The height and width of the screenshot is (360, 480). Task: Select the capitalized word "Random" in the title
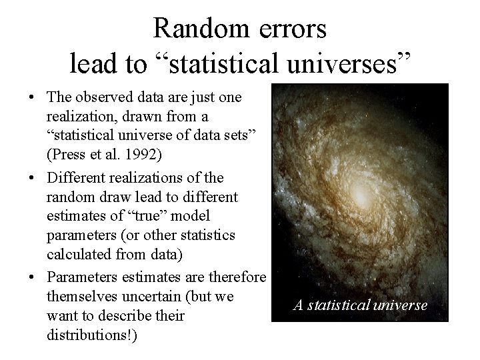(x=195, y=29)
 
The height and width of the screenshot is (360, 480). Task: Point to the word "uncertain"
(x=148, y=295)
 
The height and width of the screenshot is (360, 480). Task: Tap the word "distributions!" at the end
(x=91, y=335)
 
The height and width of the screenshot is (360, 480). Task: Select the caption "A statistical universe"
(x=361, y=305)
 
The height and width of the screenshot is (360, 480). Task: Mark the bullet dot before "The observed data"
(x=31, y=98)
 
